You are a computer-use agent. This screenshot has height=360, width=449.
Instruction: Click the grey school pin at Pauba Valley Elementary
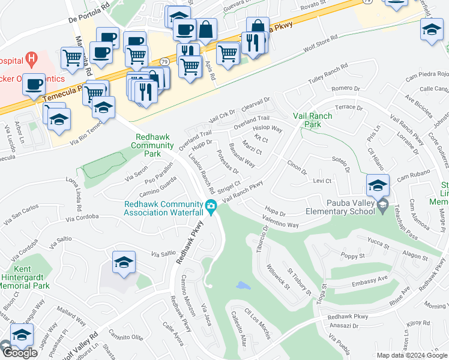point(382,206)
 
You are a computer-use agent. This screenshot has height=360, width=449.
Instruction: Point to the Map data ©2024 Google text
point(412,355)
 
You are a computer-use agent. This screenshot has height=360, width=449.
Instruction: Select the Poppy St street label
point(352,256)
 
